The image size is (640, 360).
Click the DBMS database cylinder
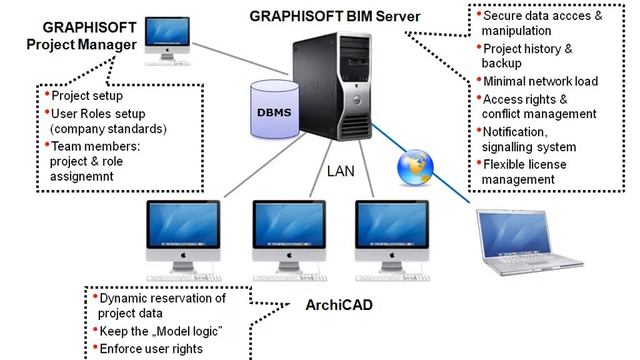[275, 109]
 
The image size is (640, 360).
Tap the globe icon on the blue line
[415, 167]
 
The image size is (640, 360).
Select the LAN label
[340, 171]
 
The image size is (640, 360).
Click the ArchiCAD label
[339, 305]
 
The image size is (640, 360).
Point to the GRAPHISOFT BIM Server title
[335, 16]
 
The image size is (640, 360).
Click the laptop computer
[529, 242]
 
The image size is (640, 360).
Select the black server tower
[332, 87]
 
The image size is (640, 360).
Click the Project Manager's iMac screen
[167, 32]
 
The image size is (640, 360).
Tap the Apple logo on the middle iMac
[289, 255]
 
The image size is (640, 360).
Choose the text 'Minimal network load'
[540, 81]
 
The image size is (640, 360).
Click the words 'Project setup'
[87, 96]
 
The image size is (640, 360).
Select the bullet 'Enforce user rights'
[151, 349]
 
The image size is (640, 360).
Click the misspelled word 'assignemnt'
[82, 177]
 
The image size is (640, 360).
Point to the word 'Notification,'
[515, 132]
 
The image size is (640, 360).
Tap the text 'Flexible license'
[524, 164]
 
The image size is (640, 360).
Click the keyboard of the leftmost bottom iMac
[184, 278]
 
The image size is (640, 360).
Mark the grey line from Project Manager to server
[240, 59]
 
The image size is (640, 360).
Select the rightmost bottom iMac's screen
[392, 225]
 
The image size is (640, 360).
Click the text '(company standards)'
[108, 129]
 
